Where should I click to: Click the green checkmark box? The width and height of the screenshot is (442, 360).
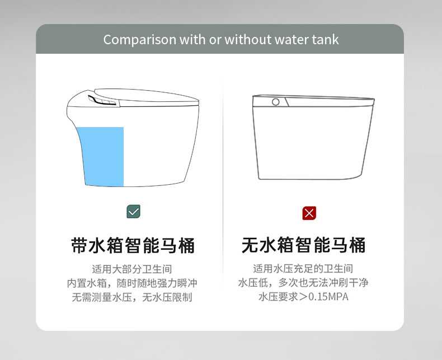click(x=133, y=211)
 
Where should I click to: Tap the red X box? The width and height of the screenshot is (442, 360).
click(x=309, y=213)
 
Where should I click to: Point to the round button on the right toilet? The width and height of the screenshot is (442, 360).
click(x=276, y=102)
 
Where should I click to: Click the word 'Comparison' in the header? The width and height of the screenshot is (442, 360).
click(x=140, y=40)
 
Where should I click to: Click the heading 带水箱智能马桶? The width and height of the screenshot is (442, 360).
click(x=133, y=245)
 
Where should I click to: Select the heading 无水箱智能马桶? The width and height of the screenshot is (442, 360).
click(x=304, y=245)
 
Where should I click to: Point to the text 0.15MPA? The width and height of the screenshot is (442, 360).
click(x=328, y=297)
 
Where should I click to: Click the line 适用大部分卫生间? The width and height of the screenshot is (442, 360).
click(x=132, y=269)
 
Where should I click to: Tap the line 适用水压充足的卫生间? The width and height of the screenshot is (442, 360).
click(x=303, y=268)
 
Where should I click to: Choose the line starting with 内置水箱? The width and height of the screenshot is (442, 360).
click(x=132, y=283)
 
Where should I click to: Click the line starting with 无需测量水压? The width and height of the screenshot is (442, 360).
click(x=132, y=297)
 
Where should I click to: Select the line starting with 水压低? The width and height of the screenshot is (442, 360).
click(x=303, y=282)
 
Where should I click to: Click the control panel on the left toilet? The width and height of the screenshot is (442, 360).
click(x=102, y=100)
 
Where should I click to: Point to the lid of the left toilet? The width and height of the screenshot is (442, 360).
click(x=147, y=96)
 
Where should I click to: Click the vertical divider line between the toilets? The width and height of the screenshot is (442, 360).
click(x=223, y=184)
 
